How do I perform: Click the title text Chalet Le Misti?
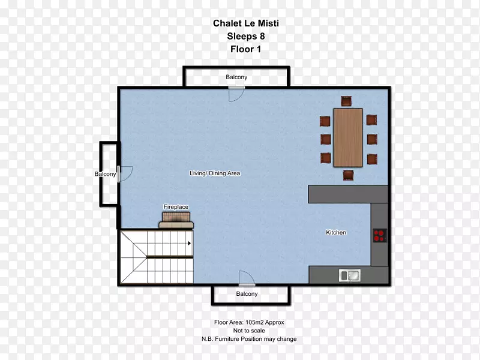click(x=246, y=23)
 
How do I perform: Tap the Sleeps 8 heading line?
click(x=246, y=36)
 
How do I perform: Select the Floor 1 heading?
click(x=246, y=49)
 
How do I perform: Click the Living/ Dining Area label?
click(x=215, y=173)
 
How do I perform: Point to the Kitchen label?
click(x=336, y=232)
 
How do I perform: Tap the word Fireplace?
click(x=176, y=206)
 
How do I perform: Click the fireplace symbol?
click(x=176, y=220)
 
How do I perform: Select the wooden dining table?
click(x=348, y=137)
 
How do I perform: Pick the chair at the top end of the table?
click(x=346, y=101)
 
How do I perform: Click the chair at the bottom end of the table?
click(x=349, y=175)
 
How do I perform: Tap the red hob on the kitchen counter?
click(x=380, y=235)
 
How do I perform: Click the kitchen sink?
click(x=350, y=275)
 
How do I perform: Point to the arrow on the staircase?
click(x=190, y=244)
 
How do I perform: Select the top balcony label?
click(x=236, y=77)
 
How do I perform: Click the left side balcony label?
click(x=106, y=174)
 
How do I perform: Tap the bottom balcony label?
click(x=247, y=293)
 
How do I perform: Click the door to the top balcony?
click(x=236, y=94)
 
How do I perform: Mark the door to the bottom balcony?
click(x=247, y=278)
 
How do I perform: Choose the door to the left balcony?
click(x=125, y=174)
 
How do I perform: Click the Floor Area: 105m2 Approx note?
click(x=249, y=322)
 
